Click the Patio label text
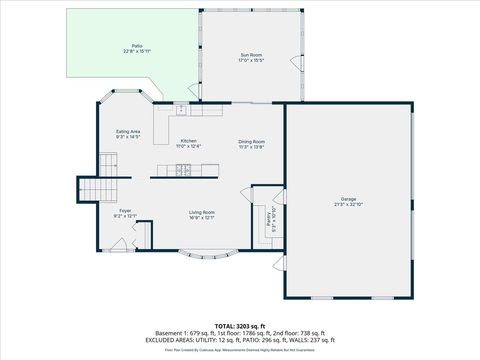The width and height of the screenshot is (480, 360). tap(137, 46)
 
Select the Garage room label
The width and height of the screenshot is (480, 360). tap(347, 199)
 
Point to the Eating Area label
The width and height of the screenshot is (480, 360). tap(127, 132)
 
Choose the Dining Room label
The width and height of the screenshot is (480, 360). tap(251, 142)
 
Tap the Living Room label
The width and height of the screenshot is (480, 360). tap(202, 211)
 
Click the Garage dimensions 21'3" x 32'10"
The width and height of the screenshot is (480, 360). tap(347, 205)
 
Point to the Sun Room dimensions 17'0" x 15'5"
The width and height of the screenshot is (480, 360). tap(251, 60)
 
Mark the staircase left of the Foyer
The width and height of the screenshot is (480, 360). tap(93, 189)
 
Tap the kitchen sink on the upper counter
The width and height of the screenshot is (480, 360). tap(187, 109)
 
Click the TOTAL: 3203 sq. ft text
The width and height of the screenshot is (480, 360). tap(240, 326)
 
